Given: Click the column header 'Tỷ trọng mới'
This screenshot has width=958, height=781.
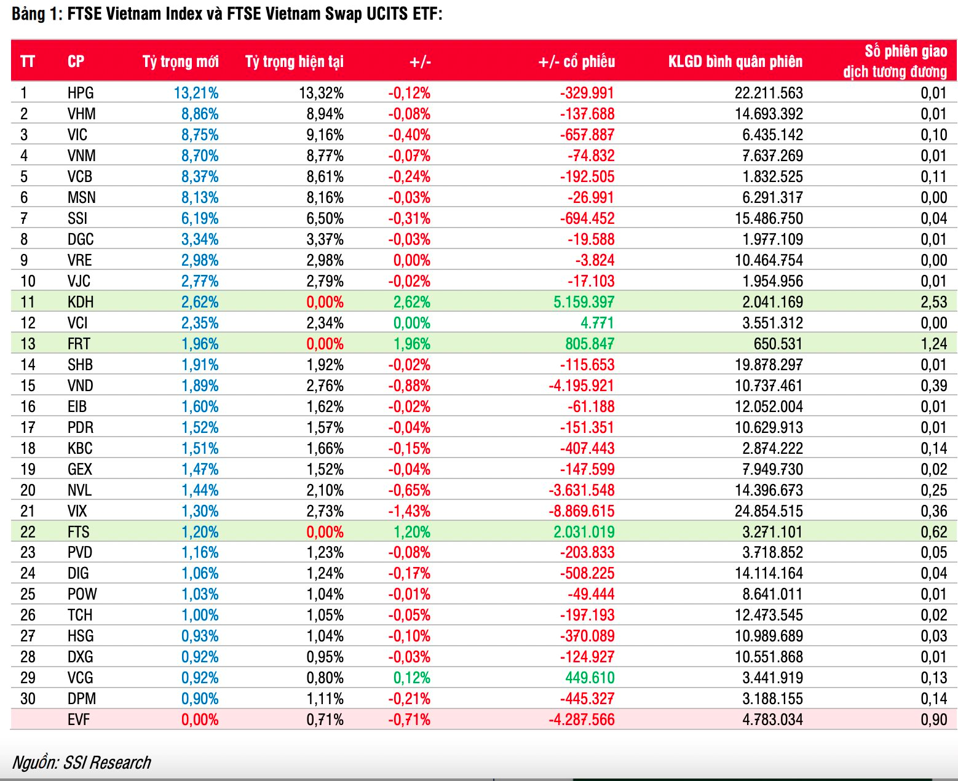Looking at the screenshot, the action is click(180, 61).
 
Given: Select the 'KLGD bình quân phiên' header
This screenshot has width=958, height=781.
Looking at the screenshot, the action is click(735, 61).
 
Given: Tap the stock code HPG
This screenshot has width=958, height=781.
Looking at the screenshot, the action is click(81, 93).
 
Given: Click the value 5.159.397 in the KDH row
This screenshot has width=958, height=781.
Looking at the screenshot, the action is click(584, 302).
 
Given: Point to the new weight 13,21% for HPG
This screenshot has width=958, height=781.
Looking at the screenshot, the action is click(196, 93).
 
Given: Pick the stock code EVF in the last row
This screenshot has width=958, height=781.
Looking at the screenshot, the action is click(79, 720).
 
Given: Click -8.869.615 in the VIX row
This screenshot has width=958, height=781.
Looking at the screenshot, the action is click(581, 511).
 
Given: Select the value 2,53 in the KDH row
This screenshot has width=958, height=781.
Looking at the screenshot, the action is click(934, 302).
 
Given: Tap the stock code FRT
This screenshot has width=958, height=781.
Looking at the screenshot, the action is click(79, 344).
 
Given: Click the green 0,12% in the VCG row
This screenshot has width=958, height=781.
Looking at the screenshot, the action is click(411, 678).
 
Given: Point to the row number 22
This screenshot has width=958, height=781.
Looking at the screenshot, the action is click(28, 532).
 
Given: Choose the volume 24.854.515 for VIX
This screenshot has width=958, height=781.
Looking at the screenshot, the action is click(769, 511).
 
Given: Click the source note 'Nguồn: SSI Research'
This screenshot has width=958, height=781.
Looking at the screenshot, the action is click(81, 763).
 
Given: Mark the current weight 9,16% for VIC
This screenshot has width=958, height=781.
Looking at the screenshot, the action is click(325, 135).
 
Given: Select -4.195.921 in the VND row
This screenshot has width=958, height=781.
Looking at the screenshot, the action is click(581, 386).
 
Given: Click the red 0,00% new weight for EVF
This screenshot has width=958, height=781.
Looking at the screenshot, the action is click(200, 720).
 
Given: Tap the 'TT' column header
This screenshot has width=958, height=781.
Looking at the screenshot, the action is click(28, 61).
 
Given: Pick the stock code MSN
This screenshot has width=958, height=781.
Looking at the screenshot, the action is click(81, 197).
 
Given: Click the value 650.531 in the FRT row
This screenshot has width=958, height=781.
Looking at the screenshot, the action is click(778, 344).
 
